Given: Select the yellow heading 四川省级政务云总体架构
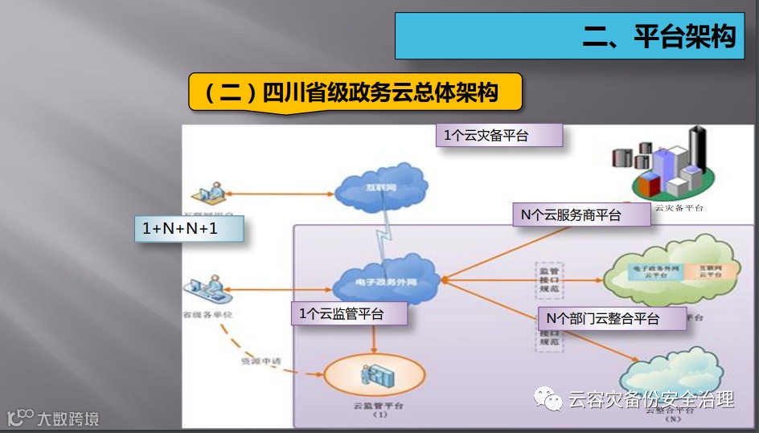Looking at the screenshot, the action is point(355,92).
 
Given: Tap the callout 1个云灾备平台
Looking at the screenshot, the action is point(498,135).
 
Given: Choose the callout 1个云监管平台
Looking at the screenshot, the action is point(348,313).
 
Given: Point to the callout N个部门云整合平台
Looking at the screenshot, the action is point(612,318).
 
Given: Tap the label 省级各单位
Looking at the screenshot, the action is point(207,314).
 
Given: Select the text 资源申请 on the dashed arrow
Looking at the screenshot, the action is point(261,362).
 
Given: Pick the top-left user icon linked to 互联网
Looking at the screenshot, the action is point(207,194).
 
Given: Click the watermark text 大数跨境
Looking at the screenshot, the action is point(68,418).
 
